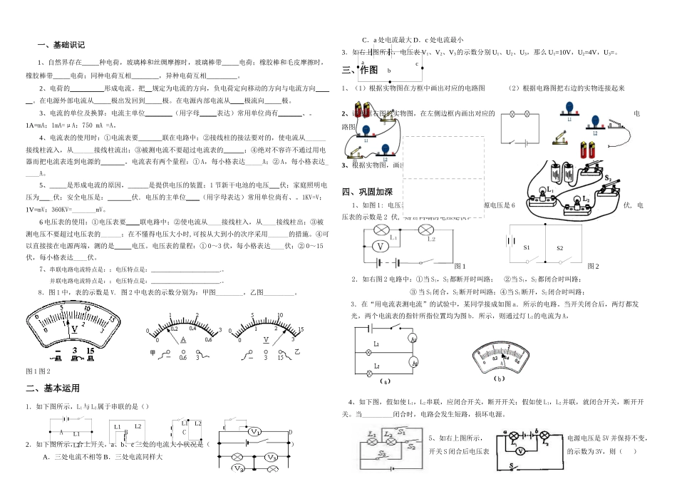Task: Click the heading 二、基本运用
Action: tap(53, 388)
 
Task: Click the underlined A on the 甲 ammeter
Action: tap(184, 340)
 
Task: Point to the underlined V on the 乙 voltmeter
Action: tap(266, 340)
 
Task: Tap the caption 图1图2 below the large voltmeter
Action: tap(38, 371)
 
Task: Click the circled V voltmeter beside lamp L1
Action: tap(381, 245)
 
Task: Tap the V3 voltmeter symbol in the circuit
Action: tap(271, 457)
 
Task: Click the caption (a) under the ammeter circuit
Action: tap(385, 381)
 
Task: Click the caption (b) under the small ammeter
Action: tap(499, 378)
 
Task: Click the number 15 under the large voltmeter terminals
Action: tap(91, 351)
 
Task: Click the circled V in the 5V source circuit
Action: tap(520, 450)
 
